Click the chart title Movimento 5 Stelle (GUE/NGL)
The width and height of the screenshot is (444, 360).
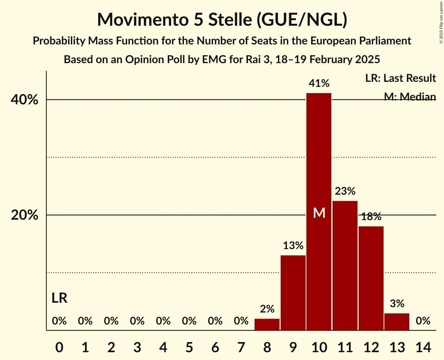[x=222, y=19]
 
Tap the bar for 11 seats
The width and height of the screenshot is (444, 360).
[x=345, y=265]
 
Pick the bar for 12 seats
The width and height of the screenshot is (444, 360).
[x=371, y=278]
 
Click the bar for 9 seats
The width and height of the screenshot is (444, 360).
[x=293, y=293]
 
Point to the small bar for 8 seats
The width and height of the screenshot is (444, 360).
[x=267, y=325]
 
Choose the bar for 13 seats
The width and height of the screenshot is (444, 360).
[x=397, y=322]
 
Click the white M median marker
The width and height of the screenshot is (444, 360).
[x=319, y=213]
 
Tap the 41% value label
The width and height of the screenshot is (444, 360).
[x=319, y=83]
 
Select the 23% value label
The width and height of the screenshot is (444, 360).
[x=345, y=191]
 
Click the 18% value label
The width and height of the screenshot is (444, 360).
[x=371, y=217]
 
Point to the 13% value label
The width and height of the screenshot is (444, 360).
[x=293, y=246]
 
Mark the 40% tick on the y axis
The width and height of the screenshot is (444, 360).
[x=25, y=100]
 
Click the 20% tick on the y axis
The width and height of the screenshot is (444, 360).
[x=25, y=215]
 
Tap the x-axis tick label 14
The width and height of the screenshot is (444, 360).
[x=423, y=346]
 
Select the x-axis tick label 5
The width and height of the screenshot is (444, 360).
[x=189, y=346]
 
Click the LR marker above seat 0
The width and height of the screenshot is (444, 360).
[x=59, y=298]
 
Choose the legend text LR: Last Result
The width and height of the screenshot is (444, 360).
[x=400, y=78]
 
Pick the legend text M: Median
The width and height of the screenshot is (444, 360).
[x=410, y=96]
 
